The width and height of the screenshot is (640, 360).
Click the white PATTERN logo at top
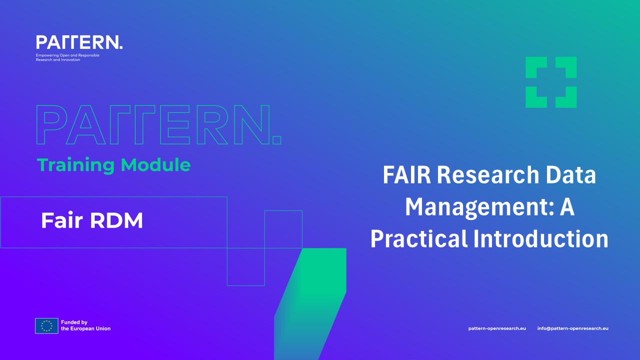(79, 42)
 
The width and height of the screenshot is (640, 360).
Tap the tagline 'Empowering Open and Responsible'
(67, 55)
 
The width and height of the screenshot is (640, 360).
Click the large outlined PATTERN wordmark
(159, 125)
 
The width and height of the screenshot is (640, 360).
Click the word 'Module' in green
(155, 165)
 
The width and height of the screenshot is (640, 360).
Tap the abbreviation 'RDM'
(116, 220)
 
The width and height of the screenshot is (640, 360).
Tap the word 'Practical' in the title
(419, 238)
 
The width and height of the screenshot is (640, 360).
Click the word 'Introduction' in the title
(541, 238)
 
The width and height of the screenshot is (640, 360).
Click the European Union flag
(46, 326)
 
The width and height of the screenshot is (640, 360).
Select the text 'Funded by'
(74, 322)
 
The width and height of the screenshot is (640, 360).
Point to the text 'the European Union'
(85, 328)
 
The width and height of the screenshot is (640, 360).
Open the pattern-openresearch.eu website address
(497, 328)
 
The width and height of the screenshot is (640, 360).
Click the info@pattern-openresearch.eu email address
(573, 328)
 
